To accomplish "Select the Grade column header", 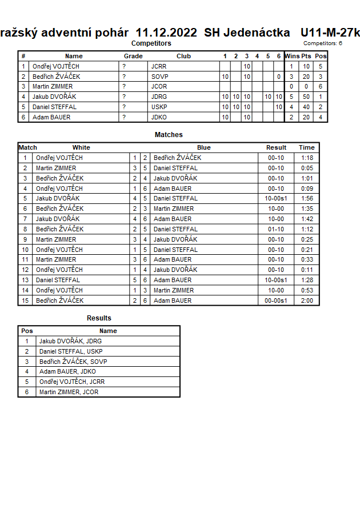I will click(x=133, y=56).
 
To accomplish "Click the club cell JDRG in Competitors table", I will click(x=159, y=97).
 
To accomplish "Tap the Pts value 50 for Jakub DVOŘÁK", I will click(x=306, y=97).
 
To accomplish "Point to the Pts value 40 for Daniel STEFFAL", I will click(x=306, y=107).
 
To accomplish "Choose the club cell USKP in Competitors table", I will click(x=159, y=107).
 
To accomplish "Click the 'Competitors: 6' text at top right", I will click(x=323, y=43).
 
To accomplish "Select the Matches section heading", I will click(x=169, y=135).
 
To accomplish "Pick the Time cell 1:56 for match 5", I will click(x=306, y=198).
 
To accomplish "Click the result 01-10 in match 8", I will click(x=276, y=229).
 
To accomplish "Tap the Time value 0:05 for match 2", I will click(x=306, y=168).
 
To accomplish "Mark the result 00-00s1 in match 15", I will click(x=276, y=300).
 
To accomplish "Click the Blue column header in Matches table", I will click(x=203, y=147).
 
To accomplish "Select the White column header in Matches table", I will click(x=81, y=147).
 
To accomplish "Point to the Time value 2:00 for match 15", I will click(x=306, y=300).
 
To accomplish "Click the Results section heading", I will click(x=99, y=318).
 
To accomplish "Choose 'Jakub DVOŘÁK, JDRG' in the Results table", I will click(x=70, y=341).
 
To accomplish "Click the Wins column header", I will click(x=292, y=56).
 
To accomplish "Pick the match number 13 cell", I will click(x=25, y=280).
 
